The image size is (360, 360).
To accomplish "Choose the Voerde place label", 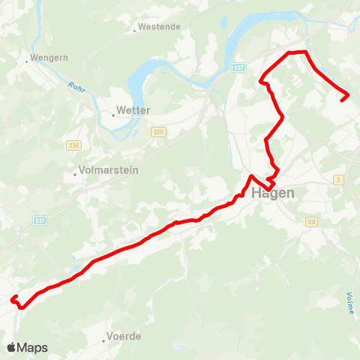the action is (124, 336).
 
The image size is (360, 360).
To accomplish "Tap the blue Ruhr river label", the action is (76, 88).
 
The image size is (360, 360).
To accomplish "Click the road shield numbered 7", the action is (338, 180).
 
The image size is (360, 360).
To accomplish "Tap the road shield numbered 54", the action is (311, 221).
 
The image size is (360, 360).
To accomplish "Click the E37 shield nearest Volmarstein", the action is (40, 220).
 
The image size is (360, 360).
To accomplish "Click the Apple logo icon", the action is (12, 347).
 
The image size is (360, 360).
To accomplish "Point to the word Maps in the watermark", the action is (33, 347).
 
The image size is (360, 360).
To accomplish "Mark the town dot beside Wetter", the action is (113, 115).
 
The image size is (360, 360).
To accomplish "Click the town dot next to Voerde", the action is (104, 340).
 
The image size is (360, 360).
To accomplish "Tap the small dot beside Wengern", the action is (26, 61).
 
